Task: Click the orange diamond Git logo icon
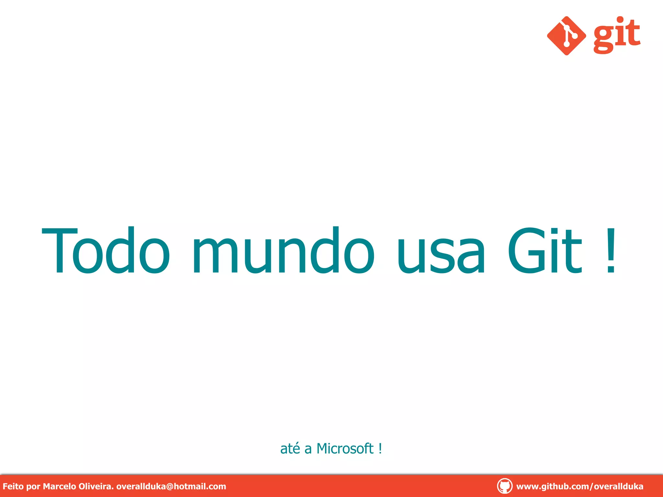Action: [x=566, y=36]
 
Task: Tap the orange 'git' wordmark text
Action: [x=617, y=35]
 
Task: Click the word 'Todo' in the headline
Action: [x=106, y=250]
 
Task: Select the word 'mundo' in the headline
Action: [x=284, y=250]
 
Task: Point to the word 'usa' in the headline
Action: [x=441, y=254]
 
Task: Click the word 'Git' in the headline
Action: [x=545, y=250]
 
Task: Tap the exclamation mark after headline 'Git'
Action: [x=611, y=250]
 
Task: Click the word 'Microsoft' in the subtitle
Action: [x=345, y=448]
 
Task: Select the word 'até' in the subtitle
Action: [x=290, y=448]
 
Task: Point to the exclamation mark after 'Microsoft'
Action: [x=380, y=448]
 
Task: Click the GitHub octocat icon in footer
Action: [x=504, y=486]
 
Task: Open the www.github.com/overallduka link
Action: [x=579, y=486]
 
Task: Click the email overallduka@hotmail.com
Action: [x=171, y=486]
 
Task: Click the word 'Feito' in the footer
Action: [x=13, y=486]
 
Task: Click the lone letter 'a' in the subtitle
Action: [x=308, y=449]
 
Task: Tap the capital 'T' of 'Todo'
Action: [x=60, y=250]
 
